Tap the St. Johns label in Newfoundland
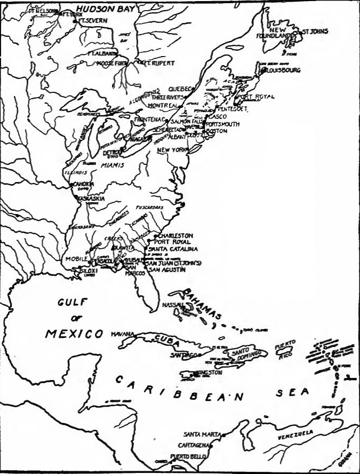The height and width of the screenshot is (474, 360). point(315,32)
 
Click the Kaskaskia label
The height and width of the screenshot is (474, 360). point(92,199)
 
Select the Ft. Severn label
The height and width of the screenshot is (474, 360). point(94,20)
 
